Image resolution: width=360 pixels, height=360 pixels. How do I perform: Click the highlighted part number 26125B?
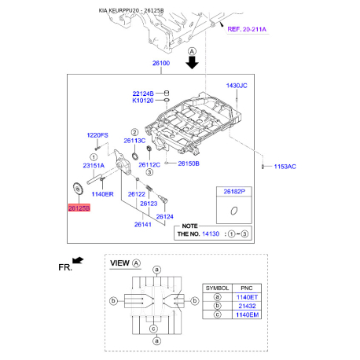pos(79,209)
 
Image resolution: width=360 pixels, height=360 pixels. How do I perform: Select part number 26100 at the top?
pos(161,63)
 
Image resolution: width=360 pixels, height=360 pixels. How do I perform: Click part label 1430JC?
pos(237,85)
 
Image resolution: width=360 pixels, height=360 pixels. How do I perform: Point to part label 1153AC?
pos(285,167)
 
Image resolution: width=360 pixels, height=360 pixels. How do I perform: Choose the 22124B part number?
pos(143,92)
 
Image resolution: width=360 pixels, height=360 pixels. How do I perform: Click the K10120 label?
pos(144,101)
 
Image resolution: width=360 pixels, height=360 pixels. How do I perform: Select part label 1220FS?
pos(97,135)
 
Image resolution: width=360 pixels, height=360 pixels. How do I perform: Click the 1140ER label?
pos(104,193)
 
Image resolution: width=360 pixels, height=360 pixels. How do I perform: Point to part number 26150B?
pos(189,163)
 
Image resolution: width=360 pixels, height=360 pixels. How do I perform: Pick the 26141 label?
pos(142,225)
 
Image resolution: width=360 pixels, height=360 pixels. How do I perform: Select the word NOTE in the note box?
pos(189,226)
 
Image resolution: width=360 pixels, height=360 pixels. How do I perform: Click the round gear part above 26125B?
pos(77,189)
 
